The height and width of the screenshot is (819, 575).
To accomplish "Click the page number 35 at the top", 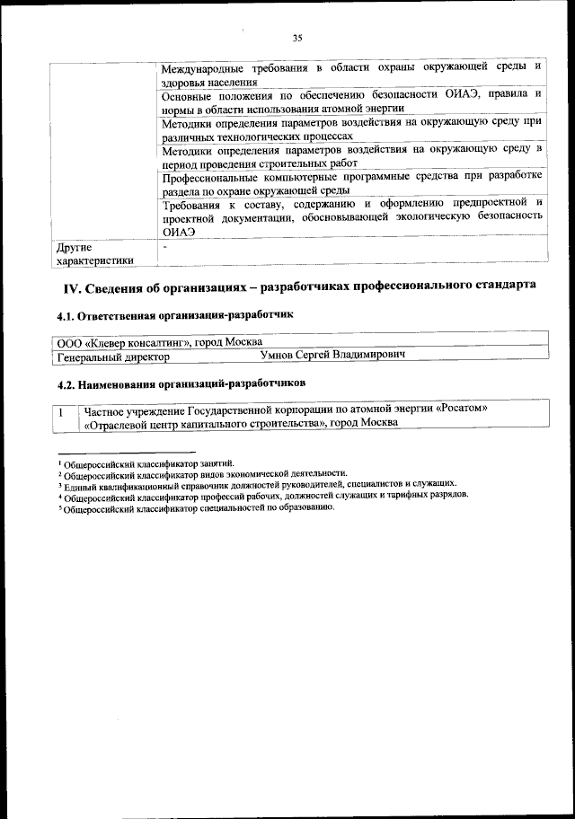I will (x=297, y=38).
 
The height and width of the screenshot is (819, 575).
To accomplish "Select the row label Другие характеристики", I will (x=95, y=253).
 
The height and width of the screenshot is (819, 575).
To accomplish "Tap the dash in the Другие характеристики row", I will (x=165, y=245).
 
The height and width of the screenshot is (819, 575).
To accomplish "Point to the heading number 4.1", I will (x=66, y=316).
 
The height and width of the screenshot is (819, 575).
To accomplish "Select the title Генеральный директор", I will (x=112, y=357).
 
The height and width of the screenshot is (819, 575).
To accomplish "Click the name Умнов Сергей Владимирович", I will (x=332, y=356).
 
